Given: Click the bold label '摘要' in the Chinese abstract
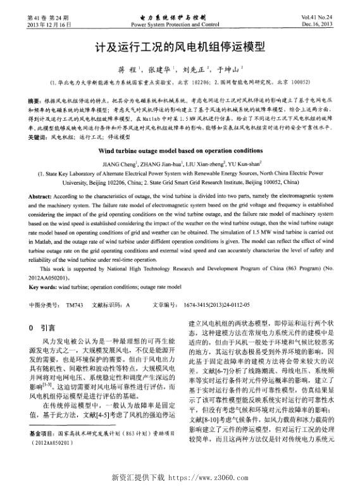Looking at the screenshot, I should (x=34, y=102).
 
